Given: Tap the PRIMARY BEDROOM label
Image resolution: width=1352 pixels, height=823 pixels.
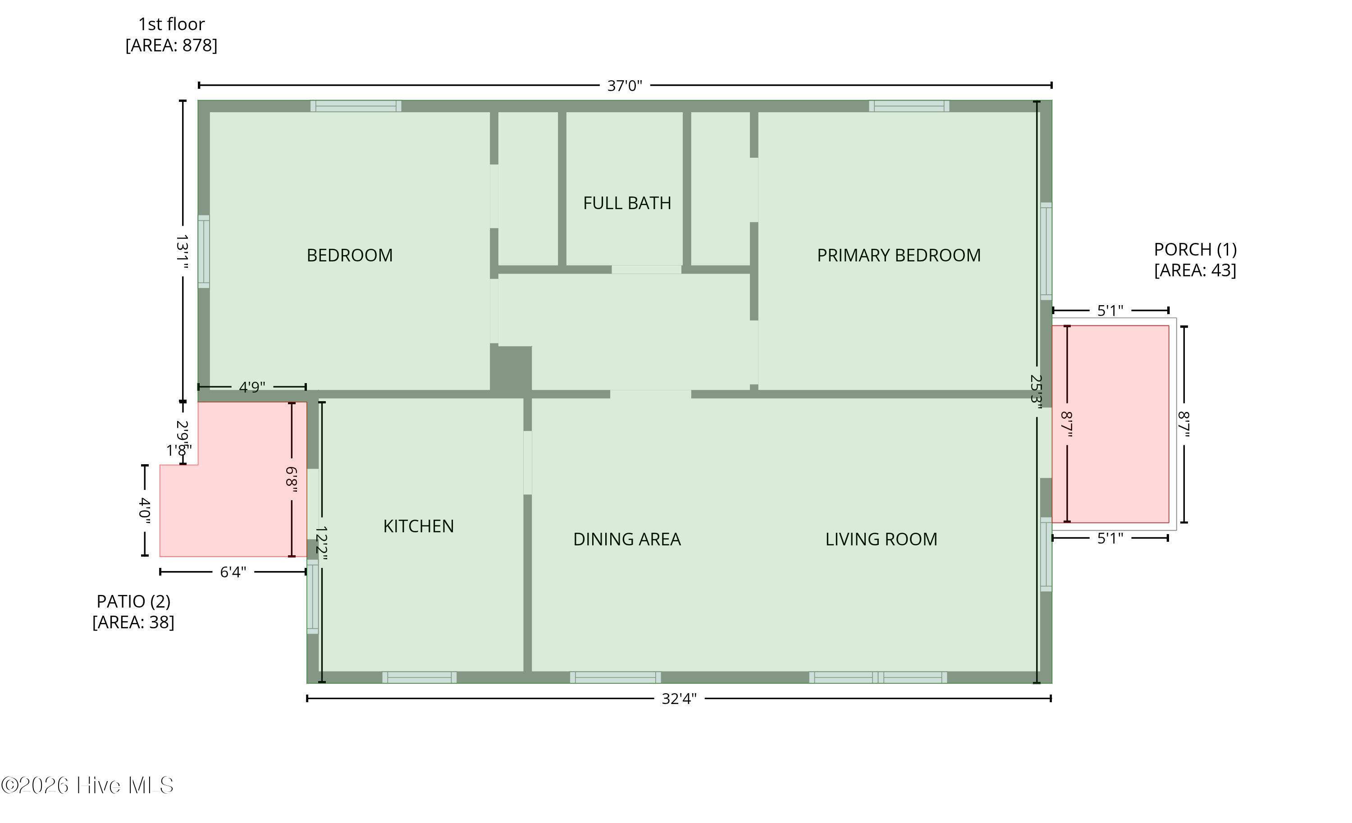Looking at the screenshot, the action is pos(898,256).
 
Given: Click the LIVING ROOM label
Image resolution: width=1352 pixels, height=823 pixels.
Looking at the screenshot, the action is pos(881,540).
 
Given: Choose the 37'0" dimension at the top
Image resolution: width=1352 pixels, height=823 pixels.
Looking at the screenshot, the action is pos(625,86).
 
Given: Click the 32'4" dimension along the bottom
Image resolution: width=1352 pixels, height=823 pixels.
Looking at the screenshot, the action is pos(679,699).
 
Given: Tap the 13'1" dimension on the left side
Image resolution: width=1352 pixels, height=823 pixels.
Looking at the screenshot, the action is pos(183,252).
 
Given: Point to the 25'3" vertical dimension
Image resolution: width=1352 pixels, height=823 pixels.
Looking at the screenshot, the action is pos(1036,389).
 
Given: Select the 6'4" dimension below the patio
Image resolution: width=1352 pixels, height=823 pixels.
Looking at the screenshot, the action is pos(233,572).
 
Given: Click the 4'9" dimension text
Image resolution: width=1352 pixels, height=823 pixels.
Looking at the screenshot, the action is pos(252,387).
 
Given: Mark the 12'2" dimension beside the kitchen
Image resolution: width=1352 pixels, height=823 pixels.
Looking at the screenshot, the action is pos(321,544).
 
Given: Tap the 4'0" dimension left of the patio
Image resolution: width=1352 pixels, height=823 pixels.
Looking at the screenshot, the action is pos(145,510).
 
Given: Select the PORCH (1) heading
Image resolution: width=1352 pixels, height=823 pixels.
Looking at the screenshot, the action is pos(1195,250).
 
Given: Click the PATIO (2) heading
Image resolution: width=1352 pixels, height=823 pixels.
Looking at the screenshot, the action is pos(133,602).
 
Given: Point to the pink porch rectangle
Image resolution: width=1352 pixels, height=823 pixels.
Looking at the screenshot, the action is pos(1110,424).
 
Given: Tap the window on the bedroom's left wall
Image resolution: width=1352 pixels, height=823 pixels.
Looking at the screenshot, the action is pos(204,252).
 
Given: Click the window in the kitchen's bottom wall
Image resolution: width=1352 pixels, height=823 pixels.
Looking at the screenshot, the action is pos(419,677).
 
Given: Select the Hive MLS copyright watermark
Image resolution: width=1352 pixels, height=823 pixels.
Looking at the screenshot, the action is pos(87,786).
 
